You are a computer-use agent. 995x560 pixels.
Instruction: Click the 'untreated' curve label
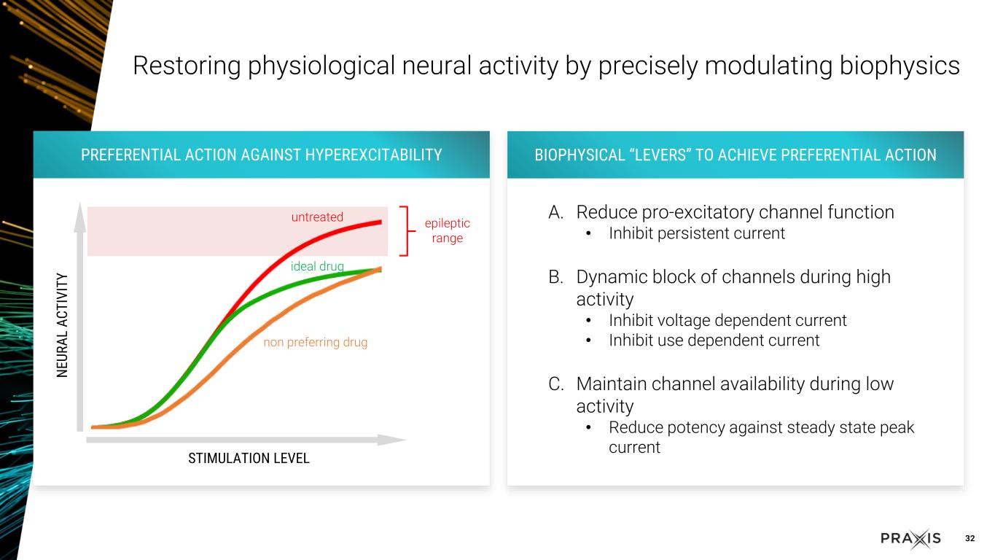point(317,217)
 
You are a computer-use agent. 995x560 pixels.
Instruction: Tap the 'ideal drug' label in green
point(317,266)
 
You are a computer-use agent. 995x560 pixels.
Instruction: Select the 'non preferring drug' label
point(316,342)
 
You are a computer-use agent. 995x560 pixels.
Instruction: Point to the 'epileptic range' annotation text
point(447,230)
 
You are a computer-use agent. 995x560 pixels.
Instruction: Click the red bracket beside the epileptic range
point(407,231)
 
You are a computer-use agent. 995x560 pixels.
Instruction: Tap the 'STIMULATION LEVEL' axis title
point(249,458)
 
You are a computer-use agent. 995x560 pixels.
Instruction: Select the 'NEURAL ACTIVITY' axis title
point(62,325)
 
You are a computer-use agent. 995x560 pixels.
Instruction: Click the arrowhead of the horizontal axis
point(391,440)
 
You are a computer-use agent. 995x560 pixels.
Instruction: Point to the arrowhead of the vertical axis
point(80,217)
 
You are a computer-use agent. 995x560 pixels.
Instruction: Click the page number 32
point(969,538)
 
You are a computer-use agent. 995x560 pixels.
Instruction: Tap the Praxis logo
point(910,539)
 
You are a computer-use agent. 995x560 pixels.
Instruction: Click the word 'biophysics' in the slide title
point(900,66)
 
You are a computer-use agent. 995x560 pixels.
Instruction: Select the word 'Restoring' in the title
point(187,66)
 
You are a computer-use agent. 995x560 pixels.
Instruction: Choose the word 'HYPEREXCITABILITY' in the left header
point(373,155)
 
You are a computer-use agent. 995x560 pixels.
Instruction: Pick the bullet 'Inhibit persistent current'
point(697,233)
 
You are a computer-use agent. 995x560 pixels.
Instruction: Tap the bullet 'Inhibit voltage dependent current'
point(727,320)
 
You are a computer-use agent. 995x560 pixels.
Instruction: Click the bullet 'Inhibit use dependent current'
point(714,341)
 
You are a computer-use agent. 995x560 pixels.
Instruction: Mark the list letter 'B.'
point(555,277)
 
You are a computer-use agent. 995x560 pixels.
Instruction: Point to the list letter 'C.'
point(556,384)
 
